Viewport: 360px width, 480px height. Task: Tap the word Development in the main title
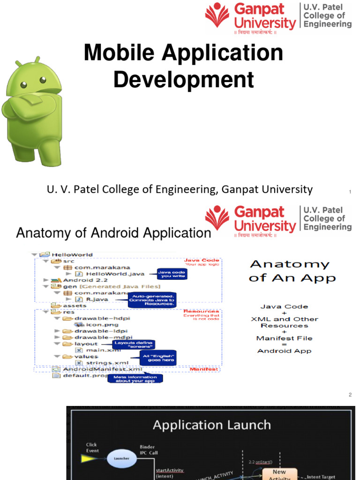click(x=183, y=79)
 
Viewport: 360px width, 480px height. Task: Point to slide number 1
click(x=350, y=192)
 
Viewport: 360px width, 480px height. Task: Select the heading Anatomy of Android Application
click(x=113, y=232)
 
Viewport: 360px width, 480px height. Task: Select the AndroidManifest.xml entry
click(x=96, y=369)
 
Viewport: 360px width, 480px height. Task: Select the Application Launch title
click(x=211, y=425)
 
